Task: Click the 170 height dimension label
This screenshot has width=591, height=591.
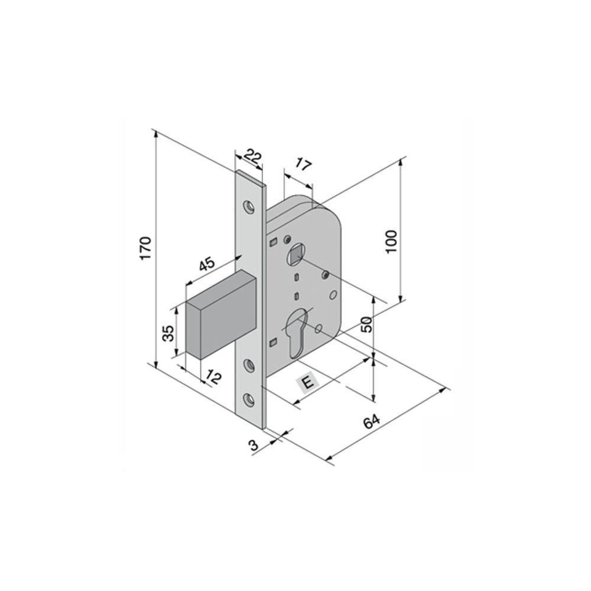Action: [146, 248]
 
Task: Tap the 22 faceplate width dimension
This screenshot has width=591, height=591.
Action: [252, 157]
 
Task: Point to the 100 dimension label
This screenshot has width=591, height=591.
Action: [392, 241]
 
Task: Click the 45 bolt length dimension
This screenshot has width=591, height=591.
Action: [207, 264]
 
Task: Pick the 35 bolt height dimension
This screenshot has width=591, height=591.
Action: [169, 332]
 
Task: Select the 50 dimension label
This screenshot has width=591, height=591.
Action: [366, 324]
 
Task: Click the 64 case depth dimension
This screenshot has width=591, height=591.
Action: [372, 421]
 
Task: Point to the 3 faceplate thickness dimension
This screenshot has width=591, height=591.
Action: [254, 446]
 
